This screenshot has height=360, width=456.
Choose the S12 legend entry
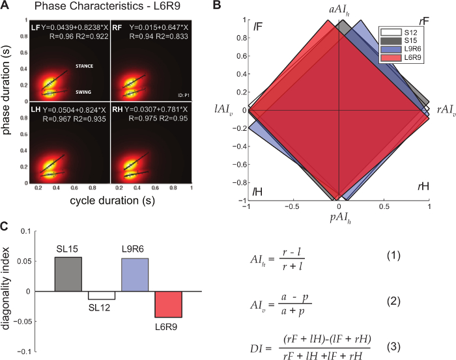point(405,31)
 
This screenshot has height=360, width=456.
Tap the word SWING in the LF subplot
point(86,92)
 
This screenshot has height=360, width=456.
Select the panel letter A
point(6,7)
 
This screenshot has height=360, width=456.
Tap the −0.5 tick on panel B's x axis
point(291,205)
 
